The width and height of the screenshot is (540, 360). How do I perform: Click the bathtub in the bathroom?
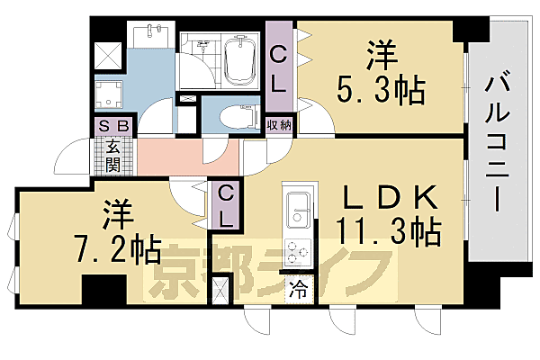[240, 59]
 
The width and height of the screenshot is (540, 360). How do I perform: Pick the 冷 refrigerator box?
[297, 290]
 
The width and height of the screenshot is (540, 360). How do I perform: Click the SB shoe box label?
[112, 127]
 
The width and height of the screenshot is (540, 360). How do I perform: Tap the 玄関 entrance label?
[112, 154]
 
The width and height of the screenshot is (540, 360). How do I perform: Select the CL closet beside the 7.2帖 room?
[226, 203]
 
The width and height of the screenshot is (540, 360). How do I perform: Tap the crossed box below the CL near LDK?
[220, 291]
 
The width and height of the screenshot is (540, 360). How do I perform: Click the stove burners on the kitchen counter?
[296, 249]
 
